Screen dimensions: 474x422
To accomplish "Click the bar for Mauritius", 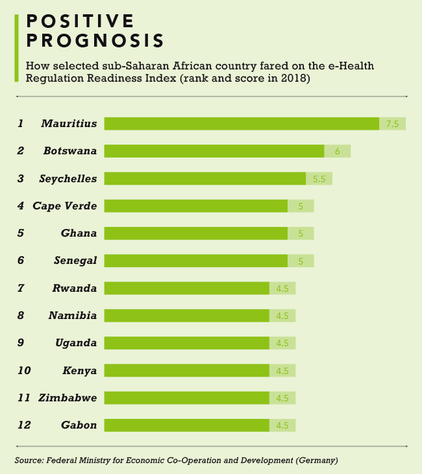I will [242, 124].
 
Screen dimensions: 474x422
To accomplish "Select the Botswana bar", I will [214, 151].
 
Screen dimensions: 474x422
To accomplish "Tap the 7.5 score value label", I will [392, 124].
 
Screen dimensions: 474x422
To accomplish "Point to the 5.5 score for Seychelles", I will [319, 178].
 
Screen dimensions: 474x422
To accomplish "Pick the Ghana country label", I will [79, 233].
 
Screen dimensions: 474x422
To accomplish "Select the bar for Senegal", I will [196, 261].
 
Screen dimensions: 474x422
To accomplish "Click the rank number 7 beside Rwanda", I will [21, 288].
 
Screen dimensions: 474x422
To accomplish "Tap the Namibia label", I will [73, 315].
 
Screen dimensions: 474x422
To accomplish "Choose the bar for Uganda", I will [187, 343].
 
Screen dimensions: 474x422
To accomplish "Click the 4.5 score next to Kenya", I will [282, 370].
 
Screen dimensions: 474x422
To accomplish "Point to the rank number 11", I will [23, 397].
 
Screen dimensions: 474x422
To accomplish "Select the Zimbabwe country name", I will [68, 397].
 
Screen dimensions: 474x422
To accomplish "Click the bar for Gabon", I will [187, 425].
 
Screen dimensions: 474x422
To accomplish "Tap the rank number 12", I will [24, 425].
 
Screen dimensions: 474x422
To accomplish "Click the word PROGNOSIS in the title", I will [95, 41].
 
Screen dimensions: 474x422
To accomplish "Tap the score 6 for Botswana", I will [338, 151].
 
